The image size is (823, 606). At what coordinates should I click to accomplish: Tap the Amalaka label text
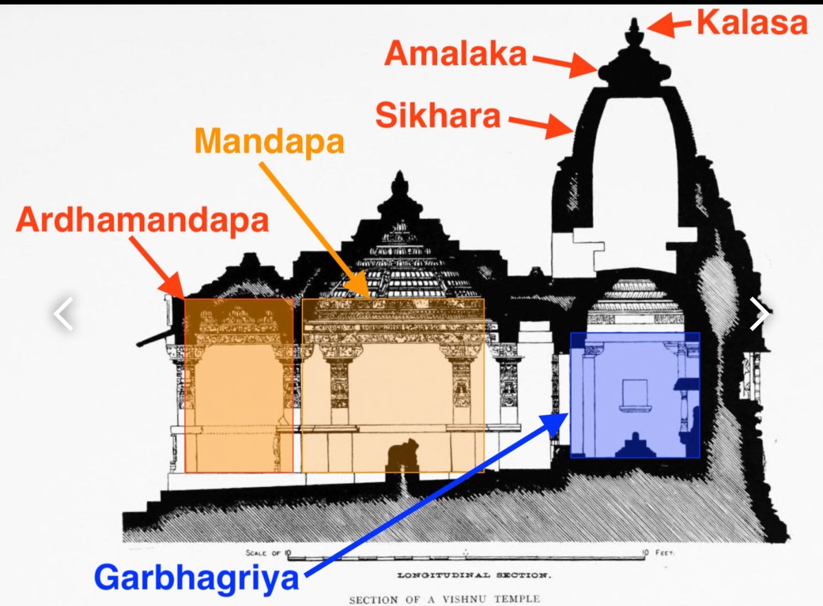coord(455,54)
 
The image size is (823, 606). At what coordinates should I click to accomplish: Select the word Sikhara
coord(438,116)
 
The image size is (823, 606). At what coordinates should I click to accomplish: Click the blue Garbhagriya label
coord(197,579)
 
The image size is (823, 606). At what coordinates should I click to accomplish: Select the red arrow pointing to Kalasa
coord(669,27)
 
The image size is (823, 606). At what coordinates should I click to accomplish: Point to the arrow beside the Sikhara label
coord(540,125)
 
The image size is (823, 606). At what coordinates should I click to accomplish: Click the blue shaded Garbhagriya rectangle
coord(634,395)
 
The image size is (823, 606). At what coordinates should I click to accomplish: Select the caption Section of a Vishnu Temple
coord(444,598)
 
